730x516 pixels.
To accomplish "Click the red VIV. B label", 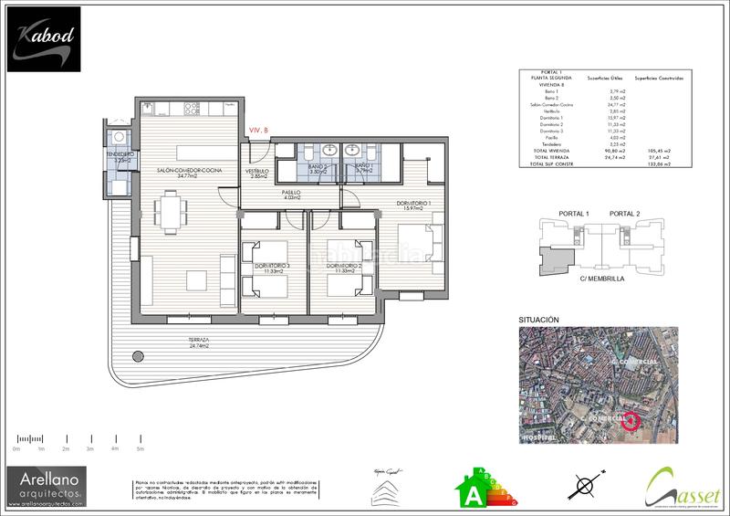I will [258, 132].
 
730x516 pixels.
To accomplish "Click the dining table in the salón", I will [168, 211].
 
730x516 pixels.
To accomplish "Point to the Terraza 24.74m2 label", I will [199, 342].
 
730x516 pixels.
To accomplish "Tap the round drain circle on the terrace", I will [138, 356].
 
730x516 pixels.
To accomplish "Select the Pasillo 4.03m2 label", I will [290, 194].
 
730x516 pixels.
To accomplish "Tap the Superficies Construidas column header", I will [659, 79].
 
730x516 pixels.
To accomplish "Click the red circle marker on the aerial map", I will [630, 421].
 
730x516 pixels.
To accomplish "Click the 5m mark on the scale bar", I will [140, 449].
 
